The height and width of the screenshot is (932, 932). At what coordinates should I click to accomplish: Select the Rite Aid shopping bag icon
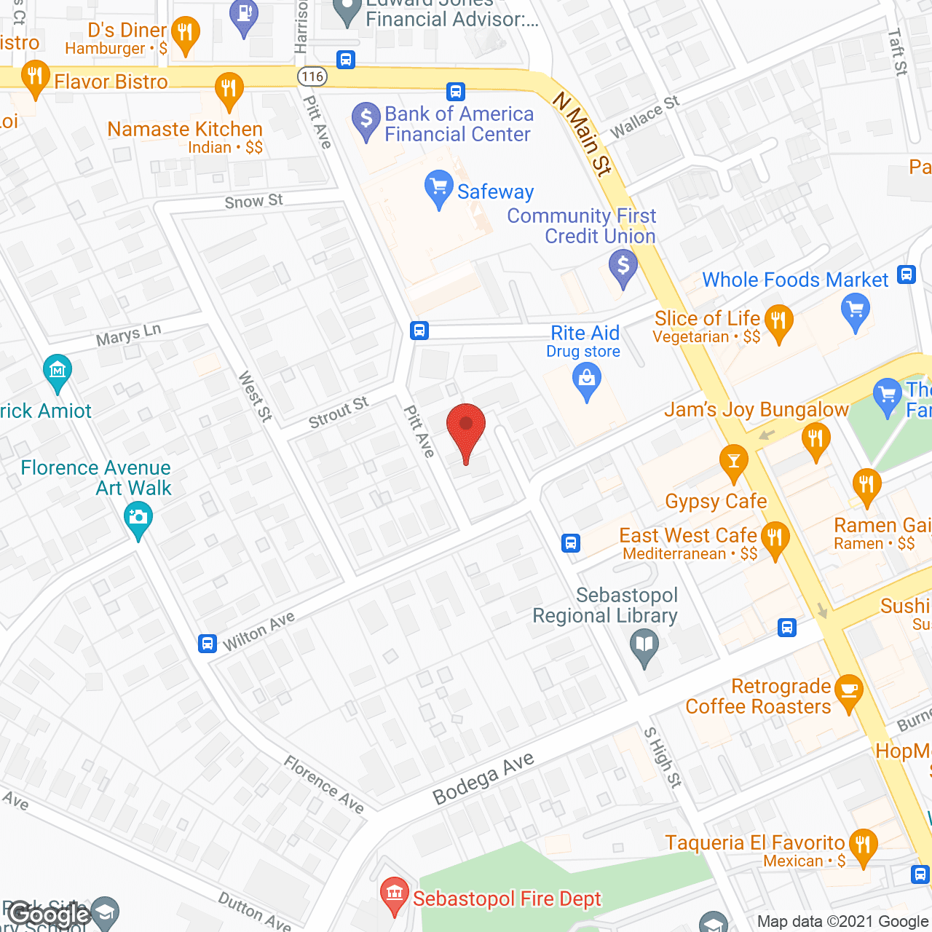coord(587,380)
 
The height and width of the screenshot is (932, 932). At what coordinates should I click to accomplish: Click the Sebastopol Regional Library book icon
coord(644,645)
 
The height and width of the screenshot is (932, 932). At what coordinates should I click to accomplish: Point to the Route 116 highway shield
coord(312,76)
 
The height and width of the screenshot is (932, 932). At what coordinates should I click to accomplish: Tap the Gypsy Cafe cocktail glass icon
coord(733,461)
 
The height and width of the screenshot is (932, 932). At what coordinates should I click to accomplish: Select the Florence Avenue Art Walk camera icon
coord(138,519)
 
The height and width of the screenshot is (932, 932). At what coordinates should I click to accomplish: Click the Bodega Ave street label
coord(483,778)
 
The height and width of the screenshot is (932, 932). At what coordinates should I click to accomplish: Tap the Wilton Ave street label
coord(258,631)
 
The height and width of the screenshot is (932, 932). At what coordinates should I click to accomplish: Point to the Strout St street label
coord(339,412)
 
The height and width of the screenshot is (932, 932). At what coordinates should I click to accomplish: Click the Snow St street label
coord(253,201)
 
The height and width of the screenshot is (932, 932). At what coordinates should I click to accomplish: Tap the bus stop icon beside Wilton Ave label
coord(208,644)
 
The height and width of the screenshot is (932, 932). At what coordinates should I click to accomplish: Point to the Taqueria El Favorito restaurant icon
coord(863,845)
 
